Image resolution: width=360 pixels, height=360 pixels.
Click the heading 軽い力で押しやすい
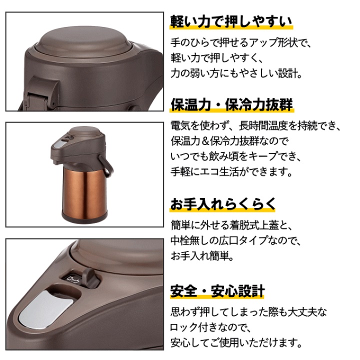(x=231, y=21)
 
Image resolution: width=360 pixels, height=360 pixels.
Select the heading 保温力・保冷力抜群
(x=231, y=104)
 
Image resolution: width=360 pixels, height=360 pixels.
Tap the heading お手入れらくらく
(x=222, y=204)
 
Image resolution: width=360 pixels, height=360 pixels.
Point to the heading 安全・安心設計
(x=217, y=290)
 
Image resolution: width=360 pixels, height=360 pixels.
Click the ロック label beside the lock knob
(x=73, y=280)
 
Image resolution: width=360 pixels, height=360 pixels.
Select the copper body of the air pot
(x=84, y=190)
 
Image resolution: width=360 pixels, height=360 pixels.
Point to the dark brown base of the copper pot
(x=84, y=218)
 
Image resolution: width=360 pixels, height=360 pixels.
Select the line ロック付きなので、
(x=210, y=327)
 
